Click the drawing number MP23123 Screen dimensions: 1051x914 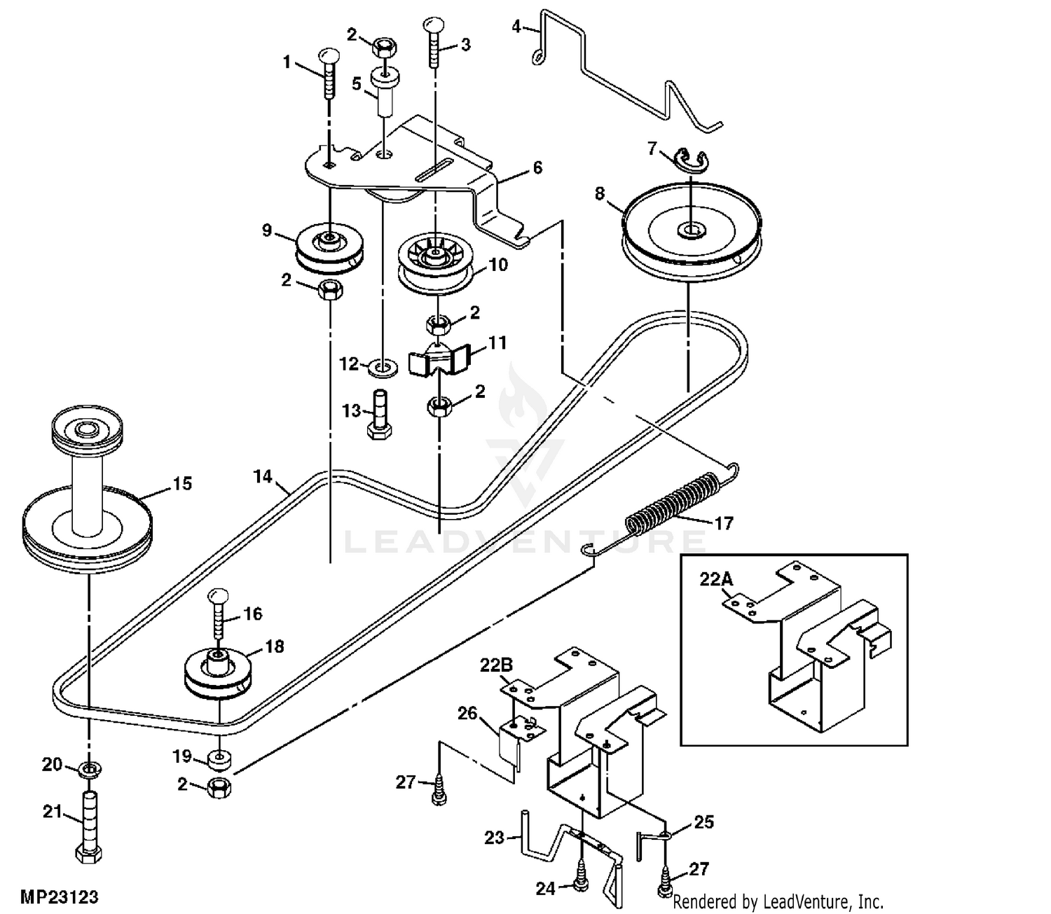59,897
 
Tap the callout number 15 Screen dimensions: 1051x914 182,483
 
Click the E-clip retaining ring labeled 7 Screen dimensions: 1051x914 691,160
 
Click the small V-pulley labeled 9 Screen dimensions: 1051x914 329,247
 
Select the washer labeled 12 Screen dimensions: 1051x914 383,368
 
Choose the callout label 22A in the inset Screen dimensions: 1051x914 716,579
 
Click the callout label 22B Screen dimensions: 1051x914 497,665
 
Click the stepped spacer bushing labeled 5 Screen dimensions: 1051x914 385,92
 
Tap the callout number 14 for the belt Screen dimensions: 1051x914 263,476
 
